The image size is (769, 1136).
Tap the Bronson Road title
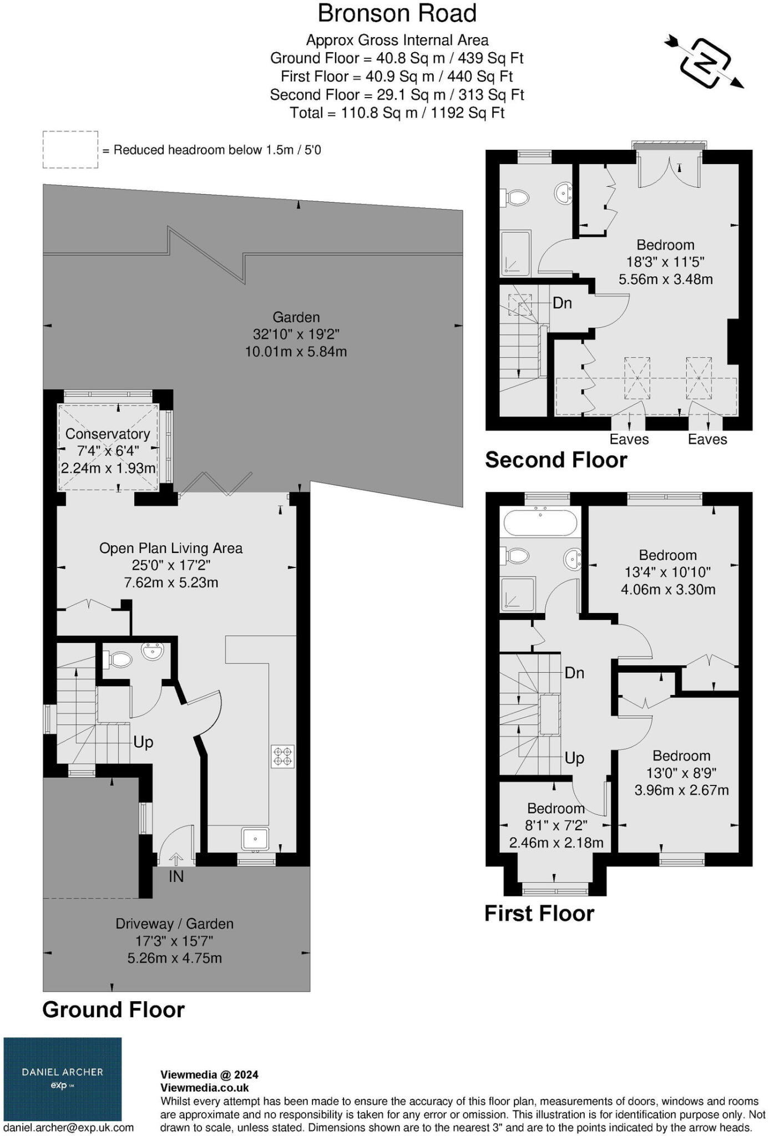[397, 13]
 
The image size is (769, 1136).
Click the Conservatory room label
[108, 434]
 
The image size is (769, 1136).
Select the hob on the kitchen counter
[282, 756]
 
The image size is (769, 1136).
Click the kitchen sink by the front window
[255, 838]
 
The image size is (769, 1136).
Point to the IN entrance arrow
[176, 859]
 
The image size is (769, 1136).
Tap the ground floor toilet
[119, 660]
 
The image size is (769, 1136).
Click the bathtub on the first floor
[540, 523]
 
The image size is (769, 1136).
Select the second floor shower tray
[515, 253]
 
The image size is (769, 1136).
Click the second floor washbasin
[563, 193]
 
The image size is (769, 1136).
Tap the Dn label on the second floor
[562, 303]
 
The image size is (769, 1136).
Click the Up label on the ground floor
[143, 742]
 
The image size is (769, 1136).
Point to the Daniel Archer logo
[63, 1079]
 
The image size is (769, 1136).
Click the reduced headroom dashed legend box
[70, 149]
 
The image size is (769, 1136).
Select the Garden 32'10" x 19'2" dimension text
[296, 334]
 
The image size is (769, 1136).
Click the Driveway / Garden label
[174, 924]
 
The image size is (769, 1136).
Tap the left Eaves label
[629, 439]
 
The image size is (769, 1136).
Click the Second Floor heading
[556, 460]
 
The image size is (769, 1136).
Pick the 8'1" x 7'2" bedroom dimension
[556, 825]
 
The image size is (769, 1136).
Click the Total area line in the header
[397, 113]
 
